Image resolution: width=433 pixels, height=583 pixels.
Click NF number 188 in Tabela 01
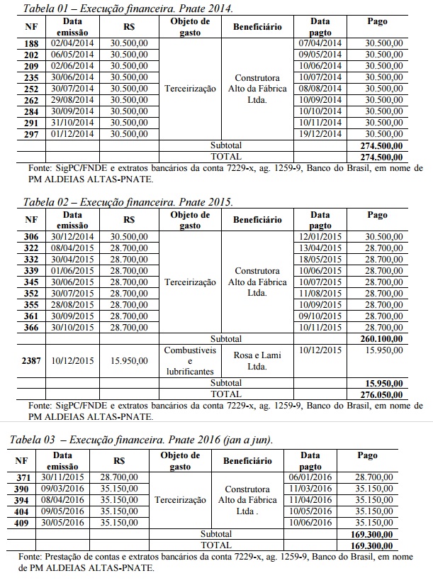31,43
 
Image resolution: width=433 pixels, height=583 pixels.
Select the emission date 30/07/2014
73,89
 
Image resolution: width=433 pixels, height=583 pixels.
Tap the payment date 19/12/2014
320,133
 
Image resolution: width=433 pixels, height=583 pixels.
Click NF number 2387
31,360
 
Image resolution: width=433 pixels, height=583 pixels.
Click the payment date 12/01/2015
320,236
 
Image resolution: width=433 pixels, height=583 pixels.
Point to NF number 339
31,270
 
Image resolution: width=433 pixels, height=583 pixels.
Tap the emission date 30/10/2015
73,327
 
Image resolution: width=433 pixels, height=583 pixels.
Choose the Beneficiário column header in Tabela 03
247,460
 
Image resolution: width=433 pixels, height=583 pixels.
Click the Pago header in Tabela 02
378,215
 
